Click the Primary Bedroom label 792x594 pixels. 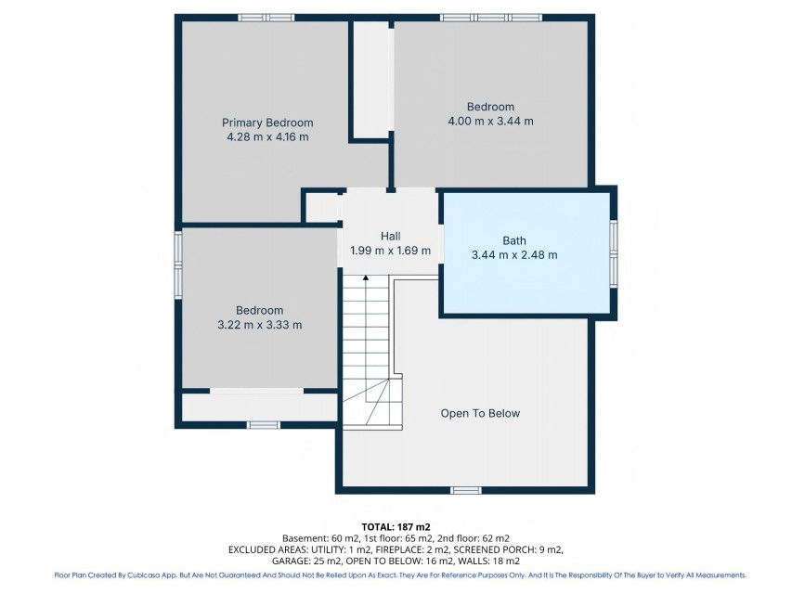(267, 123)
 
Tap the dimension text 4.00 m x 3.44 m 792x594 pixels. (490, 122)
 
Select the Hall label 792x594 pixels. (391, 236)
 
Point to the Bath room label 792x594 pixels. (514, 240)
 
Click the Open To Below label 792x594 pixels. (480, 413)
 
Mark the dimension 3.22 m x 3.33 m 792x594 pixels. (260, 325)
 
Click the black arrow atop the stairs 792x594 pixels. (366, 278)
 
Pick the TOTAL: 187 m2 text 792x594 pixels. (396, 527)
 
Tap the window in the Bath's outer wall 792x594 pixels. (613, 254)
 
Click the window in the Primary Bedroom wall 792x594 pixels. (266, 18)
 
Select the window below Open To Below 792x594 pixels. (466, 490)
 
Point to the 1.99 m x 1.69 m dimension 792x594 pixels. (391, 251)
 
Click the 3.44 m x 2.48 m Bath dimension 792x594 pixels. (514, 255)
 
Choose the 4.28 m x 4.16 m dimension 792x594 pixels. (267, 136)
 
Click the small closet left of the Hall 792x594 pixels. (323, 207)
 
